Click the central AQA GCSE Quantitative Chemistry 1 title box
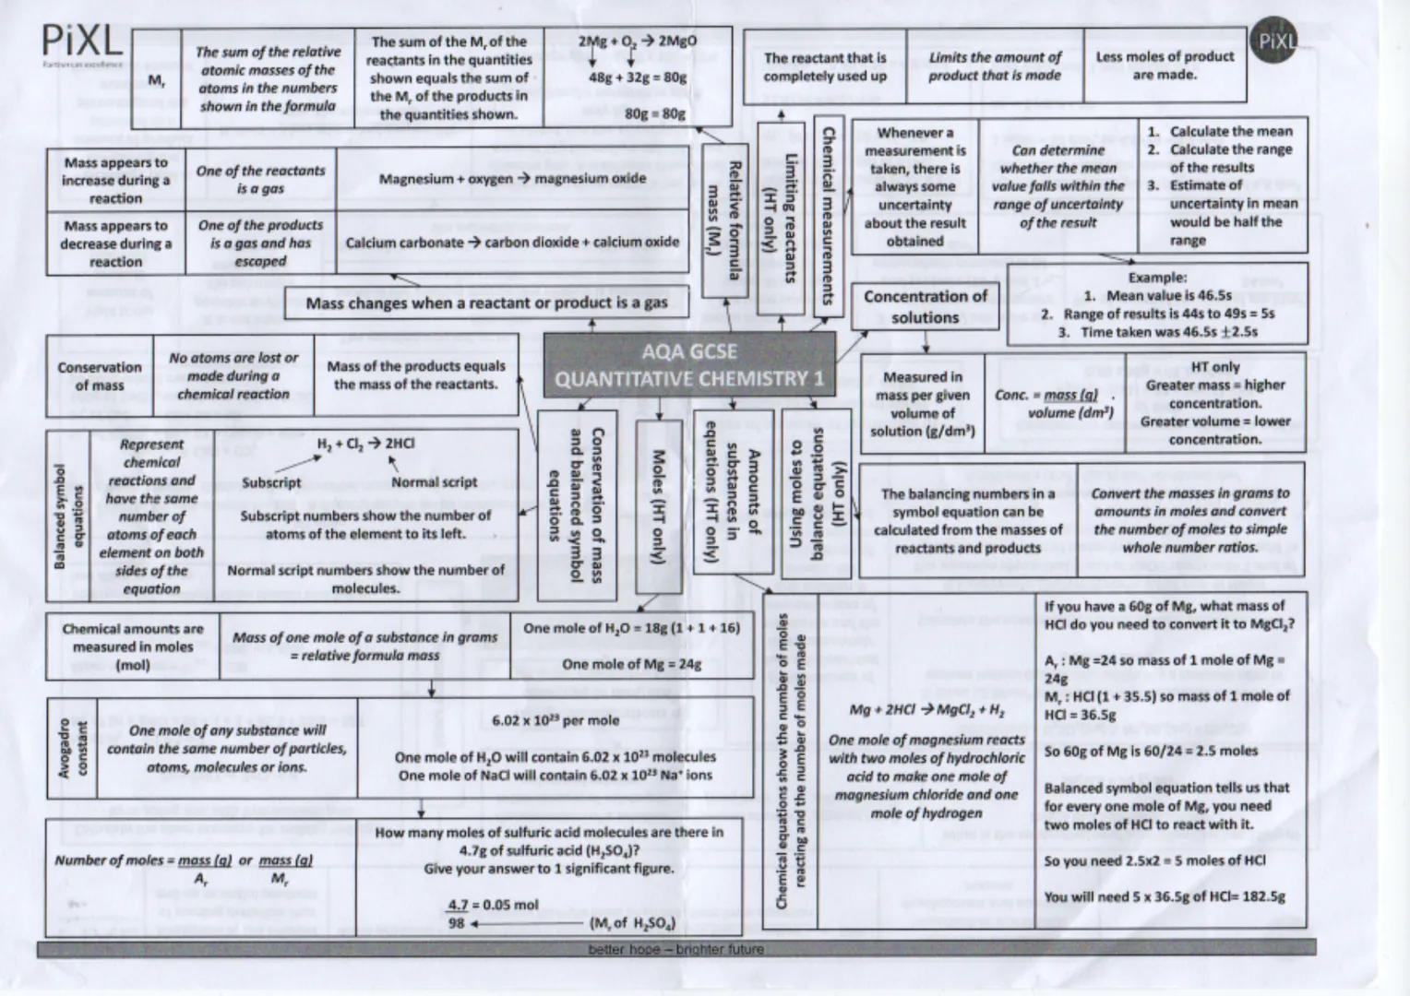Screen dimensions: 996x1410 pos(688,365)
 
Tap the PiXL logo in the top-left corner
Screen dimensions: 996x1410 pos(81,41)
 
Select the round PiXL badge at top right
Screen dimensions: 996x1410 pos(1277,41)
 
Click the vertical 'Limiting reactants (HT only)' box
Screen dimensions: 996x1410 pos(781,218)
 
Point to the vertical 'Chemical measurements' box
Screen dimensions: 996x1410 pos(828,218)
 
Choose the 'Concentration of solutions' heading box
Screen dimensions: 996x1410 pos(925,307)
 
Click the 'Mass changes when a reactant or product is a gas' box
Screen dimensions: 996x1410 pos(486,302)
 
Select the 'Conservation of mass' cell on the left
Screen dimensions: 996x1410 pos(100,376)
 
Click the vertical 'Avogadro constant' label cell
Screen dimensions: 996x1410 pos(72,748)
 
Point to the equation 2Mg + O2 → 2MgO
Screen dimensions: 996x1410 pos(637,42)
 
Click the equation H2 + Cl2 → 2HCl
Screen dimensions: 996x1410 pos(365,444)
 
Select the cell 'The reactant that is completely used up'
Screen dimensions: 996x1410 pos(824,66)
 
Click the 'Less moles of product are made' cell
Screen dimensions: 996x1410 pos(1164,65)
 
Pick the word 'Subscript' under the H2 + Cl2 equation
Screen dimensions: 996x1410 pos(271,482)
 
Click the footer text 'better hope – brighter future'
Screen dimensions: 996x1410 pos(675,949)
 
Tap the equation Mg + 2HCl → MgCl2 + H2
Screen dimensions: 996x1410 pos(926,710)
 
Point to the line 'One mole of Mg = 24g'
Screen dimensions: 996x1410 pos(631,664)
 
